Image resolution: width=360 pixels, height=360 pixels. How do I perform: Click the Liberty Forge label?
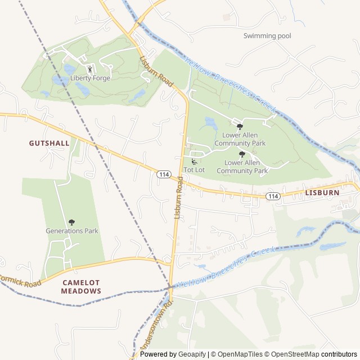tap(90, 78)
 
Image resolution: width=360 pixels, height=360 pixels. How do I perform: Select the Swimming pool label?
tap(267, 36)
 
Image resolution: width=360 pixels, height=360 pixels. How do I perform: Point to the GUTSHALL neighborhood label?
tap(49, 143)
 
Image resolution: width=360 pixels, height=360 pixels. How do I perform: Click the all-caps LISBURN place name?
tap(322, 192)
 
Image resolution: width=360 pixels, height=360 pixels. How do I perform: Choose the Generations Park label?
tap(71, 231)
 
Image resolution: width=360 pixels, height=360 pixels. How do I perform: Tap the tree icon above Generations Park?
tap(71, 223)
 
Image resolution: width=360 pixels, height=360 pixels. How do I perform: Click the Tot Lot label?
tap(194, 170)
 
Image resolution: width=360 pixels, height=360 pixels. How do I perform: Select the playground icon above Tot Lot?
tap(194, 162)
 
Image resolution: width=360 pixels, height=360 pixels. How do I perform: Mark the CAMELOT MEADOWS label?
tap(81, 287)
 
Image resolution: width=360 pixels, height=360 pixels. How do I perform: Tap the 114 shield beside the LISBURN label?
tap(273, 196)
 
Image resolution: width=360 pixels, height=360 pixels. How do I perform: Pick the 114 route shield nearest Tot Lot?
tap(164, 175)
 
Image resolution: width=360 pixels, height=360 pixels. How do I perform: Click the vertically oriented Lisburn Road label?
tap(178, 197)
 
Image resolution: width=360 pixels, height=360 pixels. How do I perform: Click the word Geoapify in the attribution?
tap(192, 354)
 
